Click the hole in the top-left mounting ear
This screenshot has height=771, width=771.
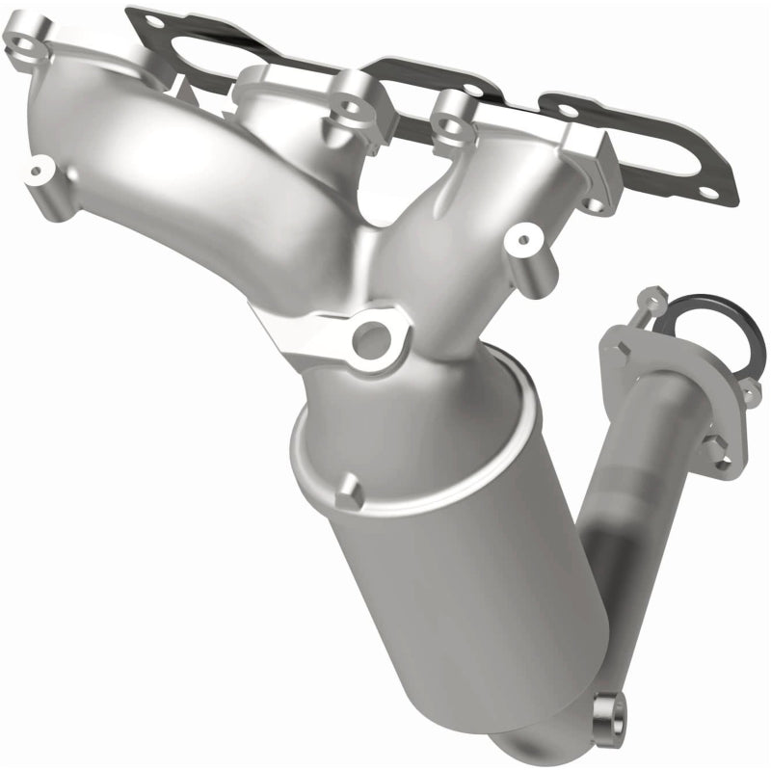[x=25, y=41]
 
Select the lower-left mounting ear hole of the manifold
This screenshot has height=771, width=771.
[x=38, y=173]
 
